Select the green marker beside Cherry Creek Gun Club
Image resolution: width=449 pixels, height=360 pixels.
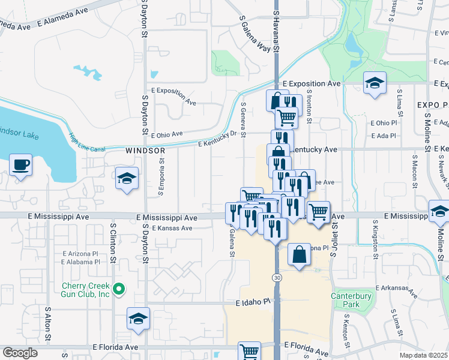click(119, 290)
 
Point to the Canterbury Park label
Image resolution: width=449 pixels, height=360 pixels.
click(352, 300)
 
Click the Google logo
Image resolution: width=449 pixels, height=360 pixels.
click(20, 353)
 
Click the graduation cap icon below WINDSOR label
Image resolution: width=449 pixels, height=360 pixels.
click(127, 178)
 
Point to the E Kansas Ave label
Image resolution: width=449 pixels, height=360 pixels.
click(172, 228)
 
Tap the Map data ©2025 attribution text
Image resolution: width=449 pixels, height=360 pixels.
click(423, 355)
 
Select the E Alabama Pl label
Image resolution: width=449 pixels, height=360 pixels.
click(88, 262)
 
